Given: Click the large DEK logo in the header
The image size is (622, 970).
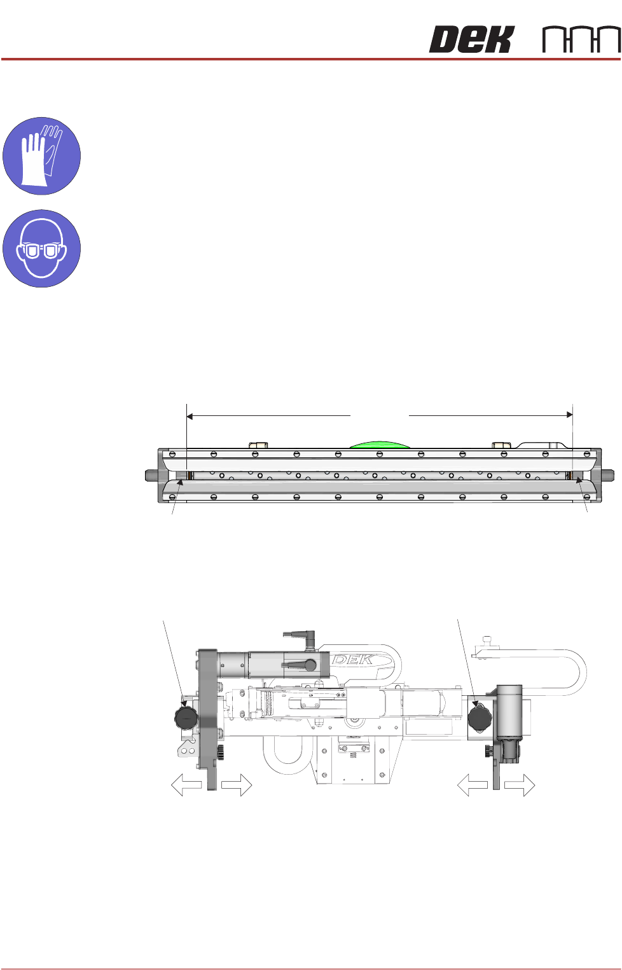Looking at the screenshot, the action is coord(472,39).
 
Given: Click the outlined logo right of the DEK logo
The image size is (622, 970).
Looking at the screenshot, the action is coord(581,39).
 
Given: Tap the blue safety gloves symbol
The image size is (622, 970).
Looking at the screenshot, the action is coord(41,156).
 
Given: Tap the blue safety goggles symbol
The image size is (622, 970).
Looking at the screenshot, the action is coord(41,249).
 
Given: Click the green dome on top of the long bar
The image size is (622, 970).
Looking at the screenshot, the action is coord(379,445).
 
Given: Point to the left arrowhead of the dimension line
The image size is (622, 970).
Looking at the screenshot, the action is coord(190,416).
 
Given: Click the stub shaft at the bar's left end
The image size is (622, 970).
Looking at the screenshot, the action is coord(151,475).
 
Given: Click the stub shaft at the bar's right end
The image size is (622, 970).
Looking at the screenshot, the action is coord(608,475).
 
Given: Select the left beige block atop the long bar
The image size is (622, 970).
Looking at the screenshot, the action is coord(258,445).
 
